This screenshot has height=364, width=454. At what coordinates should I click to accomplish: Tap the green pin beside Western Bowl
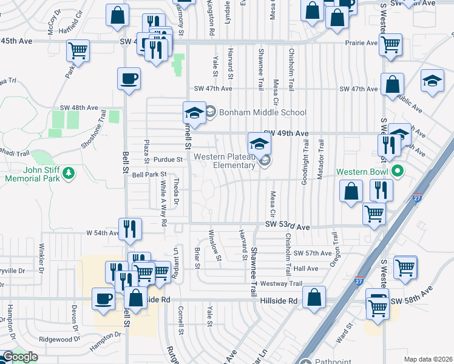pyautogui.click(x=398, y=172)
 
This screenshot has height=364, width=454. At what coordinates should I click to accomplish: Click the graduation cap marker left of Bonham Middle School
pyautogui.click(x=195, y=113)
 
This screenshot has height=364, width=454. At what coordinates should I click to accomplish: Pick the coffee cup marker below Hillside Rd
pyautogui.click(x=103, y=298)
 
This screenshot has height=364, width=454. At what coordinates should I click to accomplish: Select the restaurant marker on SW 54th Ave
pyautogui.click(x=130, y=229)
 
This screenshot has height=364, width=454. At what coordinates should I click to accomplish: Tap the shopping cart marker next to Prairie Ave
pyautogui.click(x=390, y=44)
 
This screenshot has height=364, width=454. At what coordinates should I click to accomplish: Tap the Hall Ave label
pyautogui.click(x=305, y=268)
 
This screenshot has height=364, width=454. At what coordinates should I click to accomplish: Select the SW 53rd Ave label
pyautogui.click(x=288, y=226)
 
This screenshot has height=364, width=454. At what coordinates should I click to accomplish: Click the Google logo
pyautogui.click(x=20, y=357)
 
